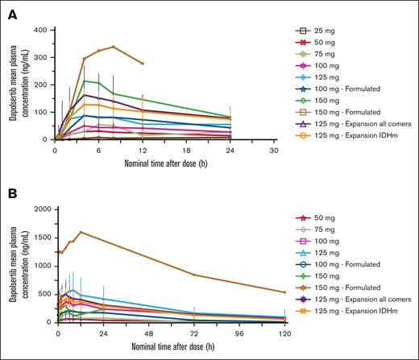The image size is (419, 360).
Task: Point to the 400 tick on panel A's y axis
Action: pyautogui.click(x=40, y=30)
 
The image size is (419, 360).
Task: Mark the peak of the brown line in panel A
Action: pyautogui.click(x=114, y=47)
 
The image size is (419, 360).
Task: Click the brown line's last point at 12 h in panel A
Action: pyautogui.click(x=143, y=63)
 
